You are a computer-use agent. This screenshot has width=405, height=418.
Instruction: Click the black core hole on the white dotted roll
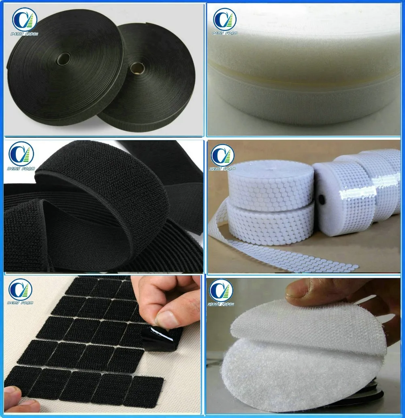[x=323, y=200]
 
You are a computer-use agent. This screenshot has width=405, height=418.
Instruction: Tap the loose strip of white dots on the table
[x=292, y=255]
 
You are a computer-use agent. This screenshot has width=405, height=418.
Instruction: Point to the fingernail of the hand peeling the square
[x=166, y=320]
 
